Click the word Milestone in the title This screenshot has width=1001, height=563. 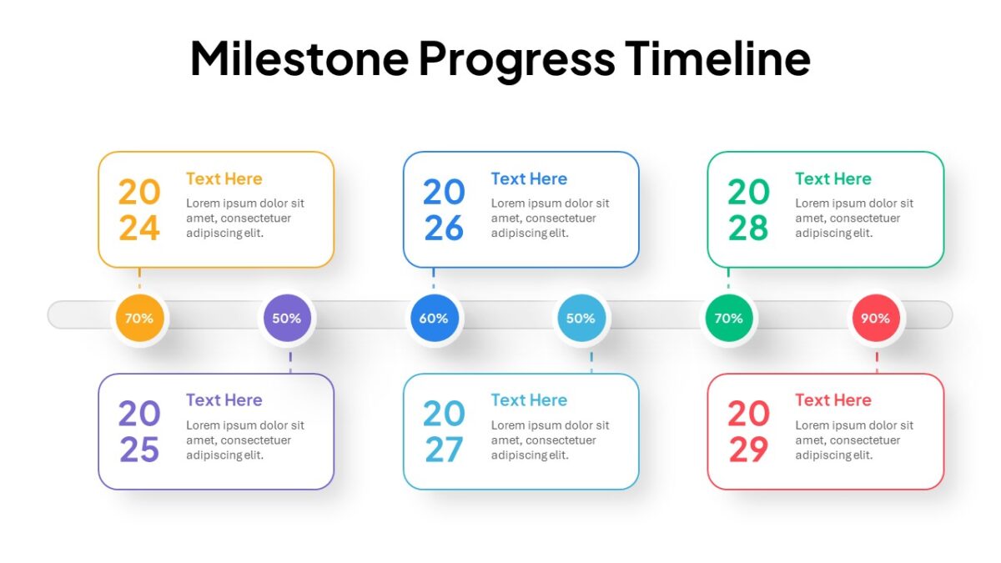(299, 58)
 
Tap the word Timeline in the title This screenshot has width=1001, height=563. (717, 58)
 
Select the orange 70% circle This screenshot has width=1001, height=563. (140, 318)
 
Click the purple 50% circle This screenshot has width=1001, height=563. (287, 318)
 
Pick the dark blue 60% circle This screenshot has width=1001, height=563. (435, 318)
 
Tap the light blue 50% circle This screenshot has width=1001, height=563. (581, 318)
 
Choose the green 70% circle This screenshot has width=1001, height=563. (729, 318)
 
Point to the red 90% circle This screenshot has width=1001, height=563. (876, 318)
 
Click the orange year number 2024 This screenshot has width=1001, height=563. (139, 210)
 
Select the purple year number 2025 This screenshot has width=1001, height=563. (139, 431)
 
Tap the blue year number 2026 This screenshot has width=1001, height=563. (444, 210)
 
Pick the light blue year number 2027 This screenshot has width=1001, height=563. (444, 431)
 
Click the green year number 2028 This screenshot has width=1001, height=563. (748, 210)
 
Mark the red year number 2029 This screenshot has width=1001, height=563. (748, 431)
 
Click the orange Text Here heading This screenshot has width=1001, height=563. (224, 178)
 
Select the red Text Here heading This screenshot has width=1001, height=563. (833, 400)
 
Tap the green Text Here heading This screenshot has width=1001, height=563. (833, 178)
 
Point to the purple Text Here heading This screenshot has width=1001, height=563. (224, 400)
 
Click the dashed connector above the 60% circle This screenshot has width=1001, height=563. (434, 278)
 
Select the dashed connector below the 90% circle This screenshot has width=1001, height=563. (877, 362)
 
